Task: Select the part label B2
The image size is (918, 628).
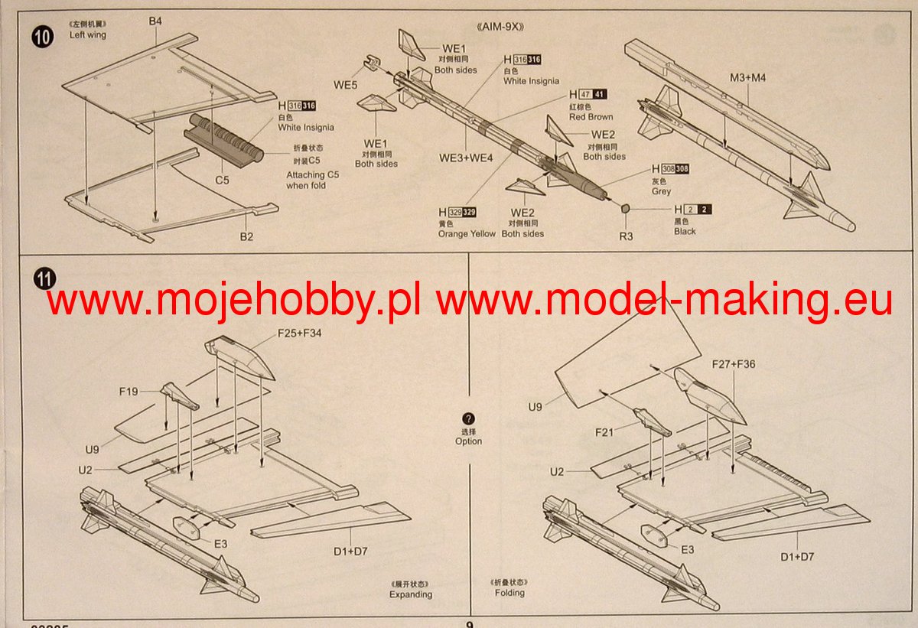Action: pyautogui.click(x=246, y=237)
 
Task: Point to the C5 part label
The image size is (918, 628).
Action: pyautogui.click(x=222, y=181)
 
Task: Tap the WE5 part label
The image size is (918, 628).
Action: pyautogui.click(x=345, y=85)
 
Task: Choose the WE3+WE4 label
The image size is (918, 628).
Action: pyautogui.click(x=465, y=158)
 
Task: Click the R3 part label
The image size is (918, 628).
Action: pyautogui.click(x=626, y=236)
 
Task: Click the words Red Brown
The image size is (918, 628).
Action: pyautogui.click(x=591, y=117)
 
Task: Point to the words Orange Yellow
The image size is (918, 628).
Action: pyautogui.click(x=467, y=234)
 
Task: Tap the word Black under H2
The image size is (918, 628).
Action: pyautogui.click(x=685, y=231)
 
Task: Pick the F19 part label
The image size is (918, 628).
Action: pyautogui.click(x=128, y=392)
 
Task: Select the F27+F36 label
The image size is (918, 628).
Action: pyautogui.click(x=733, y=364)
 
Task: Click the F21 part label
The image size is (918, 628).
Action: pyautogui.click(x=605, y=432)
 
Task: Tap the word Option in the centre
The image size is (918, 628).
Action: pyautogui.click(x=468, y=441)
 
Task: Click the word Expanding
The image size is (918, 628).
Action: pyautogui.click(x=410, y=594)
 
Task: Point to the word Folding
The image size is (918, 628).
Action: pyautogui.click(x=509, y=593)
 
